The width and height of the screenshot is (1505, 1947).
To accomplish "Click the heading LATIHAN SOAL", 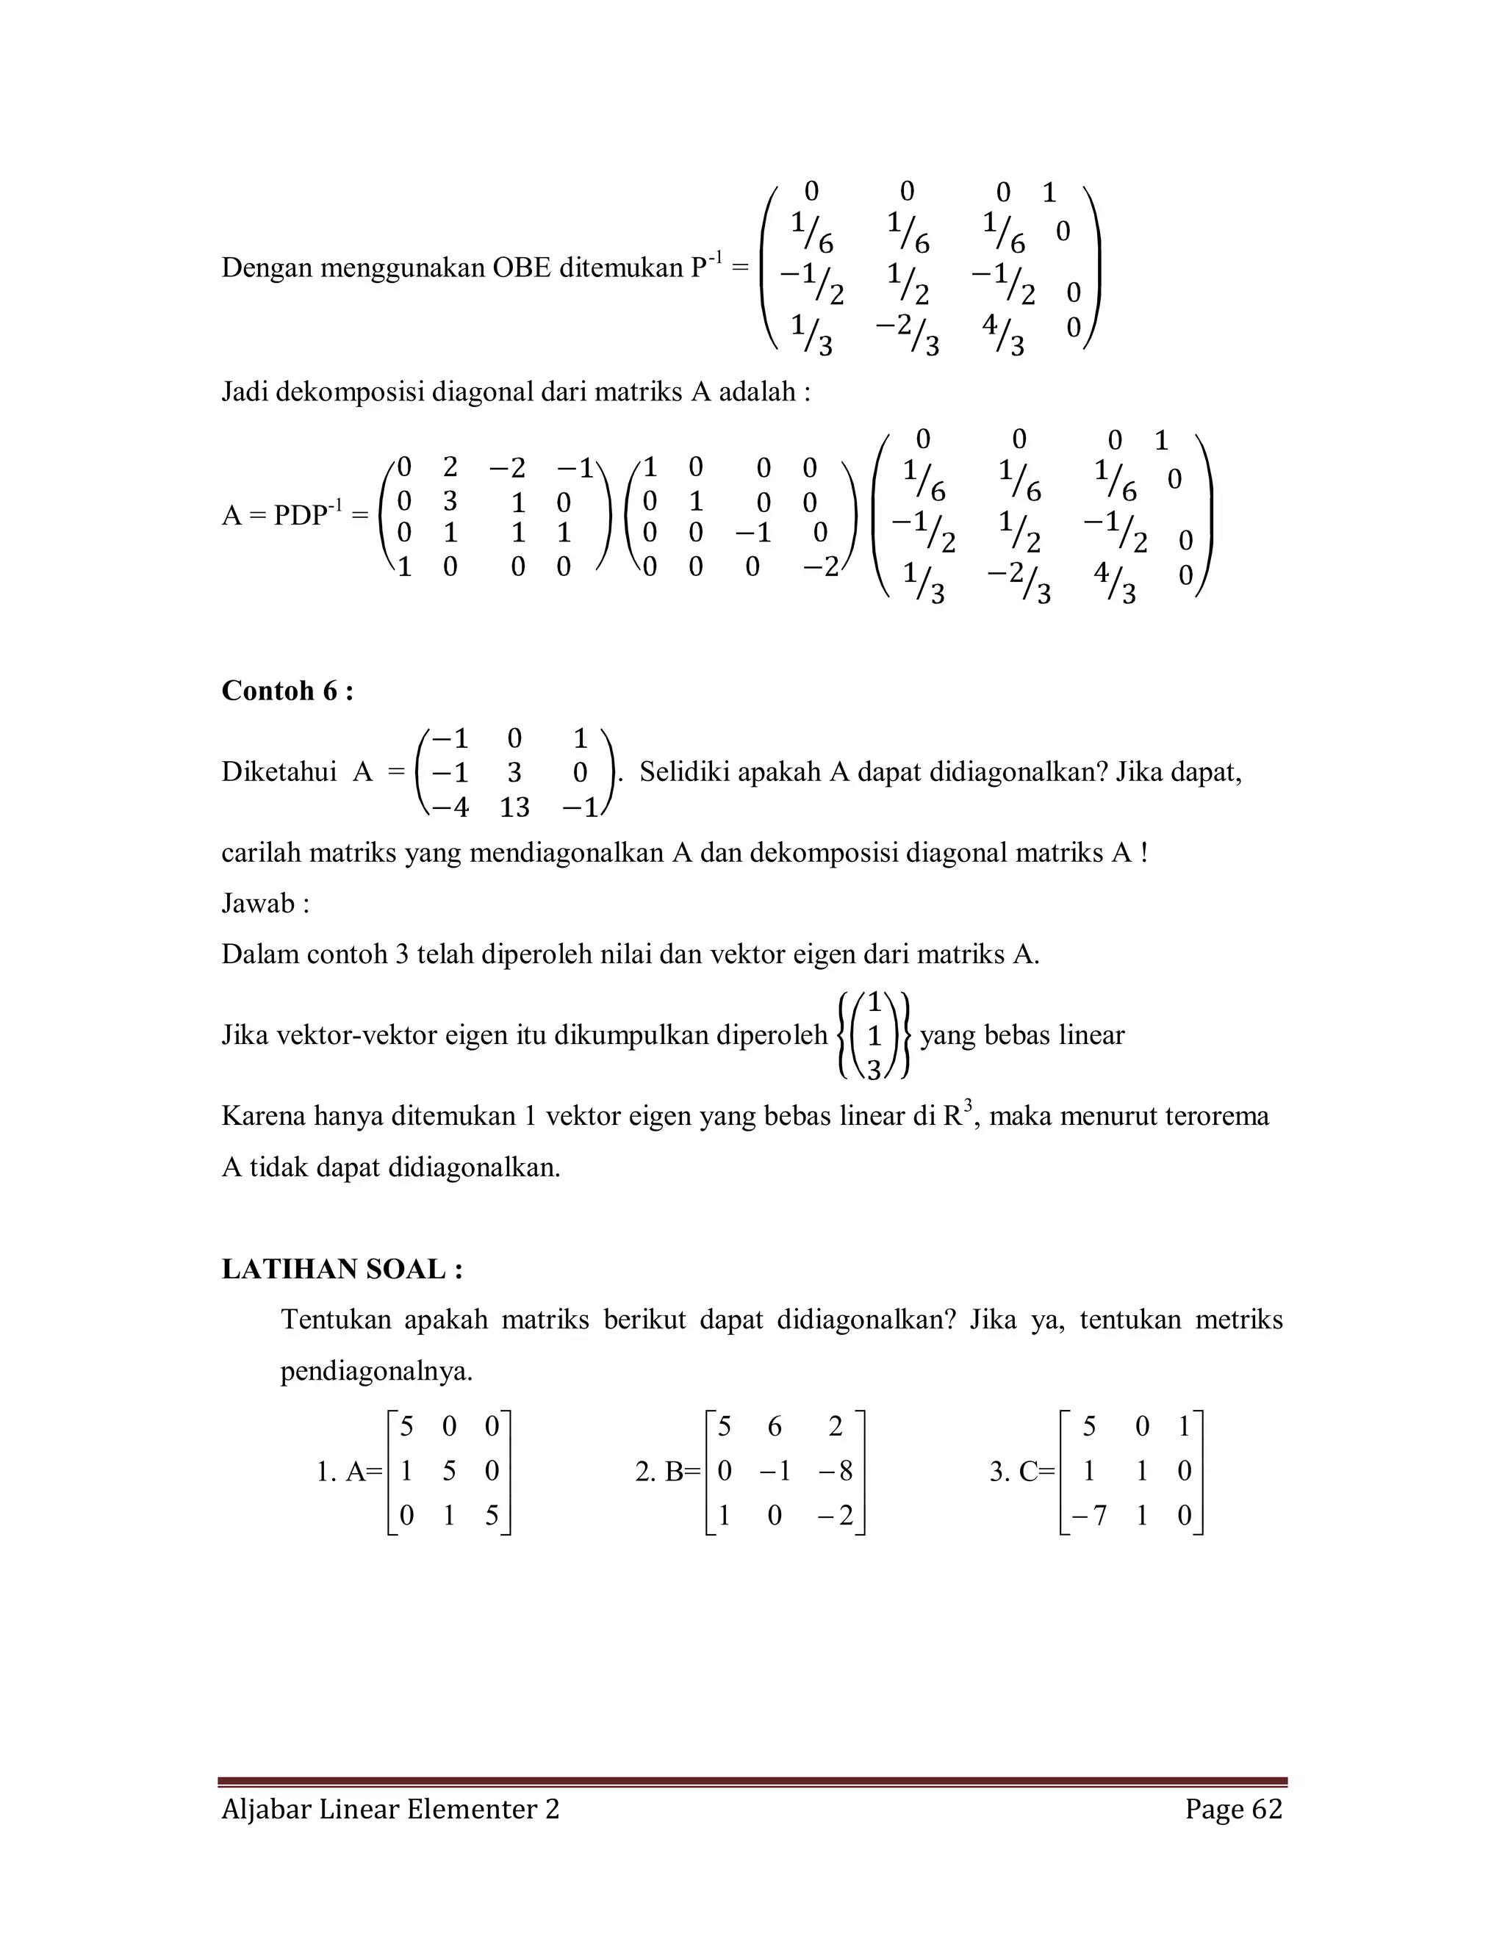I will (x=342, y=1270).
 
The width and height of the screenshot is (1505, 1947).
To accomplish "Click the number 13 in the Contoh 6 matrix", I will (x=514, y=807).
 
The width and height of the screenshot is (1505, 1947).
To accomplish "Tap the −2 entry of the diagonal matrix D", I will (x=820, y=567).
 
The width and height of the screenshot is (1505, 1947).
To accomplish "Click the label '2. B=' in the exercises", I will (x=669, y=1472).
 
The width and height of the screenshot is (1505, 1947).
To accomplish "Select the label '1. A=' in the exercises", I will (x=348, y=1472).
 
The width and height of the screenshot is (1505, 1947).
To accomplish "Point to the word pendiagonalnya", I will (x=376, y=1371).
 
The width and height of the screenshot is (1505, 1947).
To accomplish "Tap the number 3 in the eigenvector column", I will (x=874, y=1070).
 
